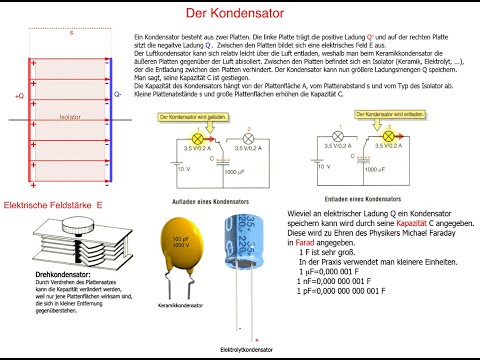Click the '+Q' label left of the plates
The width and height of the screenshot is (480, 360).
18,95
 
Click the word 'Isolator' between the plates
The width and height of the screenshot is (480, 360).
68,115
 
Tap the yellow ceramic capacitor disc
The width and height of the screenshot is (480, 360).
180,244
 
